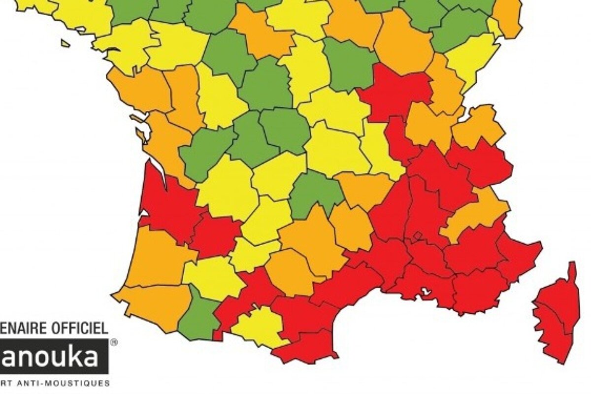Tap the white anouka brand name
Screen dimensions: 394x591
(x=49, y=357)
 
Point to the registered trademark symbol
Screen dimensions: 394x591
(x=114, y=341)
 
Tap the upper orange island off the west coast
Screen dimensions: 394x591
(x=136, y=118)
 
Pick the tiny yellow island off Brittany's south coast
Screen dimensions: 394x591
(x=65, y=43)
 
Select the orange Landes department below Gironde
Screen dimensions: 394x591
(x=153, y=256)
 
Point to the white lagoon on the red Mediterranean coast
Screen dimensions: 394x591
(x=425, y=292)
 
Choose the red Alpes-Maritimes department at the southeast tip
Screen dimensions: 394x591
(x=520, y=256)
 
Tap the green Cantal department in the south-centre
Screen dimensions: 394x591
(x=315, y=192)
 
